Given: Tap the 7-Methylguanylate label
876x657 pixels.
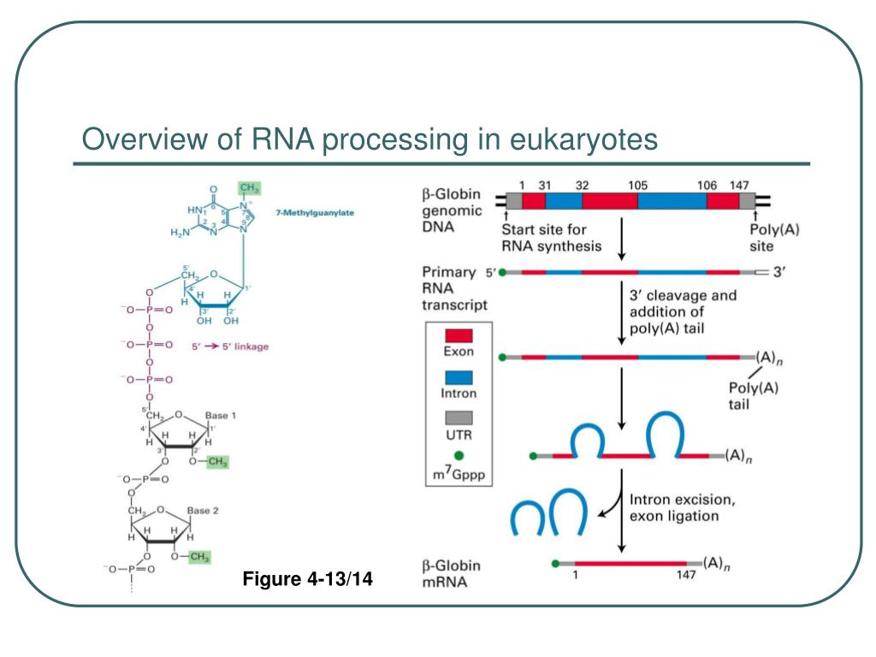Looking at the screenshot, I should (x=310, y=212).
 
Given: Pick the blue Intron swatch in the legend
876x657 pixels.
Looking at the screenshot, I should (x=459, y=376).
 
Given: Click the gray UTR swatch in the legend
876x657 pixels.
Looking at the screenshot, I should (x=459, y=418).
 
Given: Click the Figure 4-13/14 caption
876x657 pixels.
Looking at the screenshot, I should (x=308, y=582).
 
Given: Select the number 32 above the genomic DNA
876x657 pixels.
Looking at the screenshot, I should (x=583, y=185).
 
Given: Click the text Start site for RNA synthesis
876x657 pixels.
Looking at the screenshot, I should (x=551, y=238).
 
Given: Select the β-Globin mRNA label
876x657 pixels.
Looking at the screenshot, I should (x=451, y=574).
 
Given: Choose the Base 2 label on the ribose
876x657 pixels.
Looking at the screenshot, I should (x=204, y=510).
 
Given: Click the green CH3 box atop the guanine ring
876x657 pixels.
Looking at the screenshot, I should (x=249, y=187).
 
